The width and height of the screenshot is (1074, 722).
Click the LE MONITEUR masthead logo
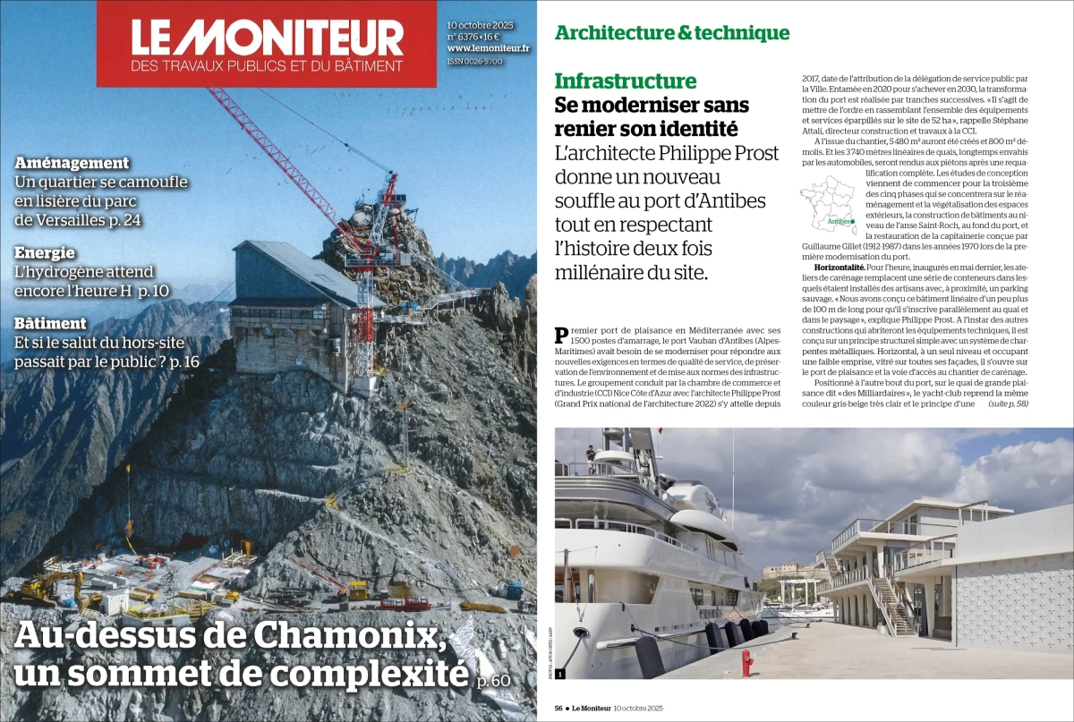coord(267,38)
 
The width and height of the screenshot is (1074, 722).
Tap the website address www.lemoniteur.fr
coord(488,48)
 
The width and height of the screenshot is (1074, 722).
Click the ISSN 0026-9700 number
coord(474,62)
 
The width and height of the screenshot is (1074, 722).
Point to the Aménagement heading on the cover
coord(72,163)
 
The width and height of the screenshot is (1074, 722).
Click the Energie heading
coord(45,253)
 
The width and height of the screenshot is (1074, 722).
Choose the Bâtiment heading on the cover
coord(51,323)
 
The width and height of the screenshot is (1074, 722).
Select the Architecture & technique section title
coord(672,33)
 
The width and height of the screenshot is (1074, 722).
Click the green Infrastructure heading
coord(626,81)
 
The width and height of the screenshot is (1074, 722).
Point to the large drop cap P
coord(562,336)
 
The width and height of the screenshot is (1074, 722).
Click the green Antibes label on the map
coord(840,220)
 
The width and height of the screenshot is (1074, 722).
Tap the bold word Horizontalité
coord(839,268)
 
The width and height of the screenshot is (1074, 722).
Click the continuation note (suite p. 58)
coord(1008,404)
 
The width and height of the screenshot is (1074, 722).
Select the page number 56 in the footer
coord(558,708)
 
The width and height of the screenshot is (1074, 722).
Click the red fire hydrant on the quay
coord(746,662)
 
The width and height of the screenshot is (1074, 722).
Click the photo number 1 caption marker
coord(560,673)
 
